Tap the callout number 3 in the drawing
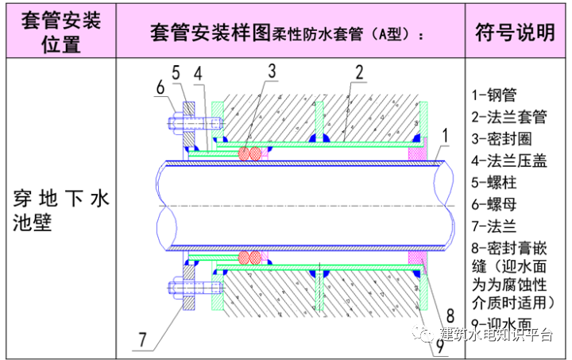[272, 72]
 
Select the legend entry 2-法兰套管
[509, 117]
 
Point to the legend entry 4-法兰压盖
[509, 161]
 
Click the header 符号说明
[514, 33]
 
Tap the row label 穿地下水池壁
[60, 209]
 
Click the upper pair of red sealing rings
[251, 154]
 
